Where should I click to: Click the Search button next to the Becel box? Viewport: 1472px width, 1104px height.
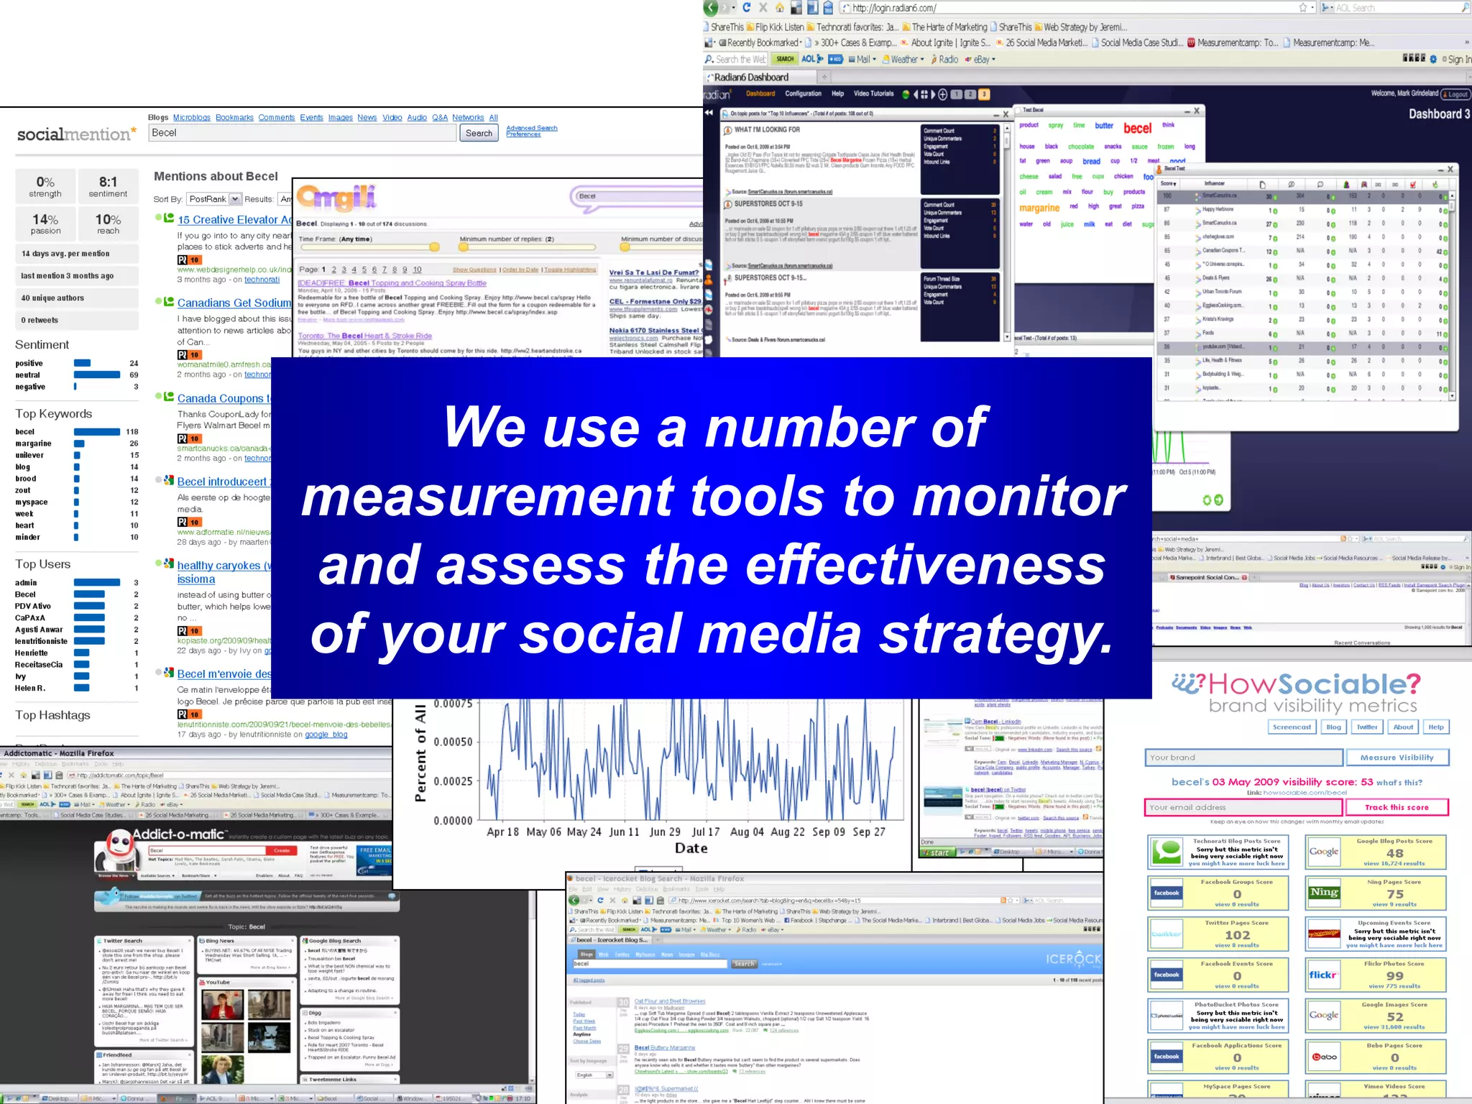point(479,133)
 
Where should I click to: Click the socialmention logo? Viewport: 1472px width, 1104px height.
point(76,134)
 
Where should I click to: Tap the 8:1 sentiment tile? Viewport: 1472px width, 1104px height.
point(108,186)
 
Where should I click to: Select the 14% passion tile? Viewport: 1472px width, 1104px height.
point(45,224)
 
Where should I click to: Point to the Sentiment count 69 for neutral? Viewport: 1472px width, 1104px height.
point(134,375)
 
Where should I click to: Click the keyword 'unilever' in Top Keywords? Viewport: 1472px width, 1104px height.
point(29,455)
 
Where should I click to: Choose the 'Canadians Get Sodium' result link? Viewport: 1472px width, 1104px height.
point(234,303)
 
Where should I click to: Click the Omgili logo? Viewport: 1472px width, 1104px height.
point(336,197)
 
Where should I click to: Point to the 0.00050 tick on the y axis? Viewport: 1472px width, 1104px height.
point(453,742)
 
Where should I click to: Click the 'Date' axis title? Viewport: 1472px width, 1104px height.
point(691,849)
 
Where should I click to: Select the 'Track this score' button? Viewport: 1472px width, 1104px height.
point(1396,807)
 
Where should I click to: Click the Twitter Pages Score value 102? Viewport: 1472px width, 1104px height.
point(1237,935)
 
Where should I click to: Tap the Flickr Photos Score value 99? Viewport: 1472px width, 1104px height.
point(1394,976)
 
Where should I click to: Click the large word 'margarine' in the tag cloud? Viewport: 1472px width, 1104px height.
point(1039,208)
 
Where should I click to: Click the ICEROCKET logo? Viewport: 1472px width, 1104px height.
point(1073,959)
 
